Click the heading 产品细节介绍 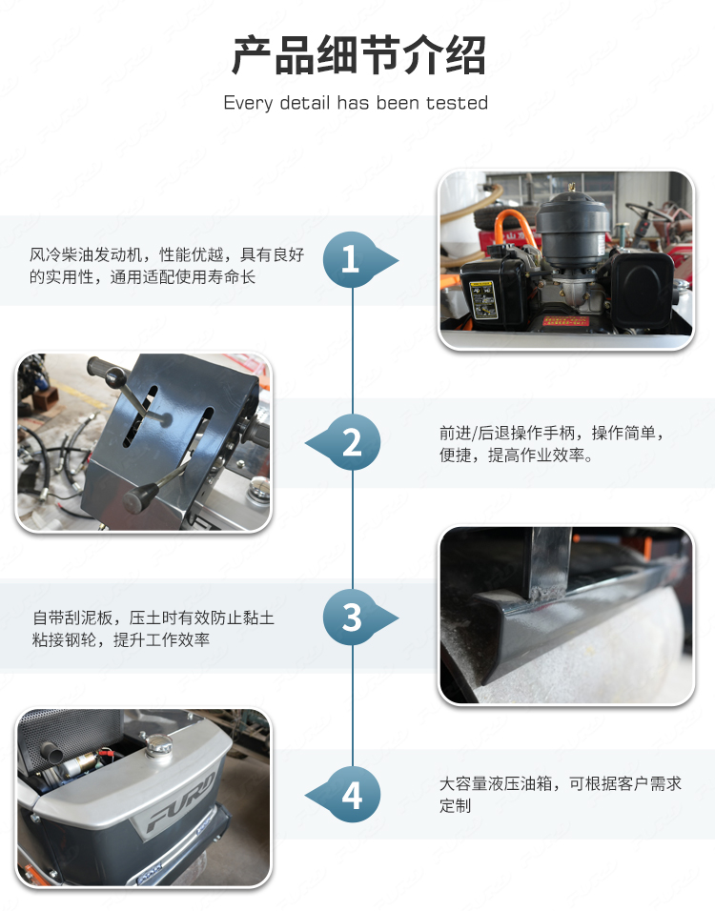point(358,55)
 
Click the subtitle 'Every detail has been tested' point(356,103)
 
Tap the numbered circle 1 point(351,259)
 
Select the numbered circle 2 point(353,443)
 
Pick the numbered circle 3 point(351,617)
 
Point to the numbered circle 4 point(353,795)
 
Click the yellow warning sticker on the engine point(482,298)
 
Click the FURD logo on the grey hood point(181,800)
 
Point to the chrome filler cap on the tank point(158,745)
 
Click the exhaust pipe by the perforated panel point(54,752)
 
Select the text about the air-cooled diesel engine point(167,265)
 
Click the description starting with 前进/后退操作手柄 point(552,443)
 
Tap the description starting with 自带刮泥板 point(153,628)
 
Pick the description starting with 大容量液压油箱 point(561,794)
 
